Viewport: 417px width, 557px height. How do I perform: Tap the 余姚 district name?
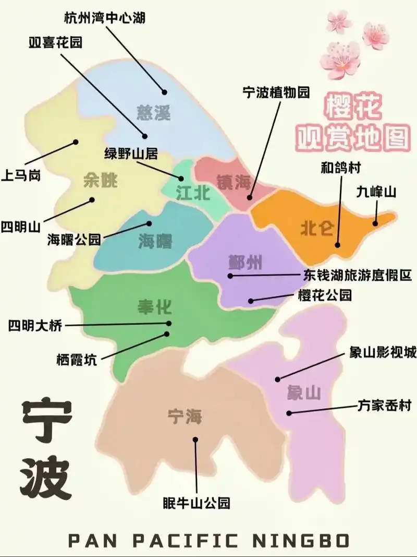(x=100, y=181)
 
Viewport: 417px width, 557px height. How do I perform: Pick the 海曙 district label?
(x=155, y=241)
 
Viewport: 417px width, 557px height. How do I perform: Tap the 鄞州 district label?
(x=245, y=262)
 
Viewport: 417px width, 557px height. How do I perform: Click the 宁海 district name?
(x=185, y=417)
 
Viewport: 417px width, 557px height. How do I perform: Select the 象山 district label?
(x=303, y=393)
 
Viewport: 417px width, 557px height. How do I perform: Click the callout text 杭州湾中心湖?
(x=104, y=18)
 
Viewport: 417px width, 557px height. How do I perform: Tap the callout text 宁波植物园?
(x=276, y=92)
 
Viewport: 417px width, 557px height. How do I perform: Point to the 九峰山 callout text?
(x=376, y=192)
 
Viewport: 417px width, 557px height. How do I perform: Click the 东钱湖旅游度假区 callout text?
(x=358, y=275)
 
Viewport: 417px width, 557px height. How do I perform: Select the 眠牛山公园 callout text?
(x=196, y=503)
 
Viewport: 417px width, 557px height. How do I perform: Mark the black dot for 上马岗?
(x=76, y=141)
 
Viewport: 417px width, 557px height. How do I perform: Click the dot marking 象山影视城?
(x=278, y=380)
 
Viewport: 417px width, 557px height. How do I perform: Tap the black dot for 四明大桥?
(x=168, y=324)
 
